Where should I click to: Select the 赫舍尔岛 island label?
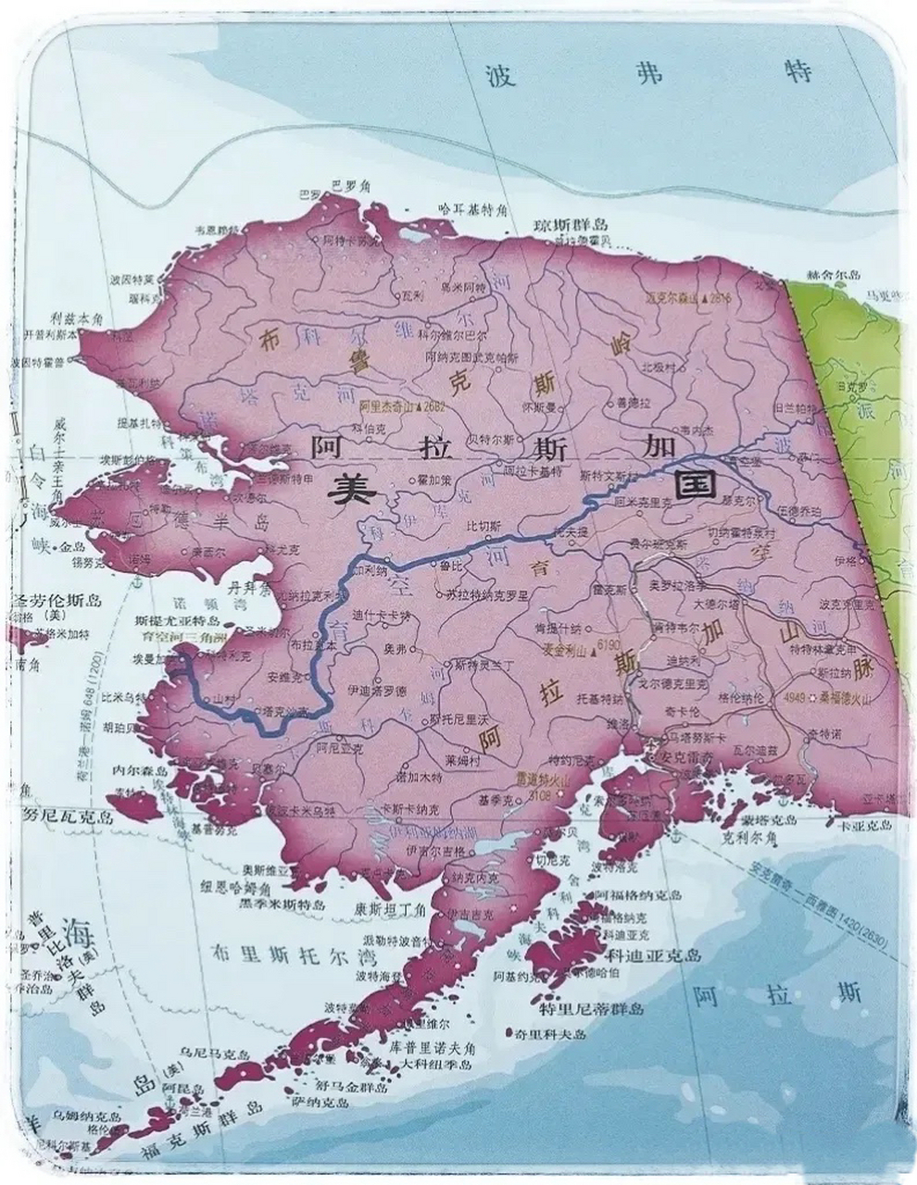[x=835, y=275]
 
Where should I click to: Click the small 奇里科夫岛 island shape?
[x=510, y=1029]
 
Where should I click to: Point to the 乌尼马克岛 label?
[x=215, y=1054]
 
